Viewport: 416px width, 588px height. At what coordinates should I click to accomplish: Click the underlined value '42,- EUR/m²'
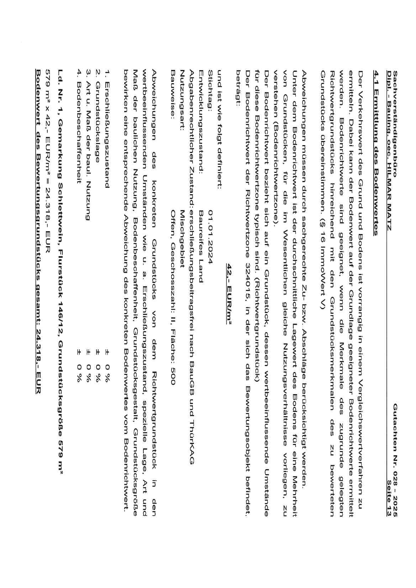[230, 294]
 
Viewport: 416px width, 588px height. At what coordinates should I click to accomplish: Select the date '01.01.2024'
[211, 237]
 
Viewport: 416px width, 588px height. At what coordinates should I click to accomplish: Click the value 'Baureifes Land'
[201, 246]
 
